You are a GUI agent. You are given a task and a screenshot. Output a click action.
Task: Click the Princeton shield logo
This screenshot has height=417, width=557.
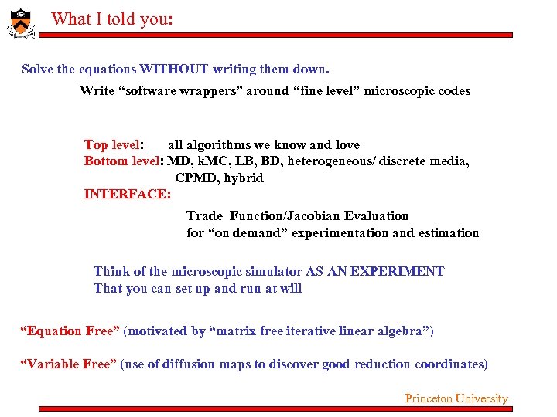pyautogui.click(x=21, y=22)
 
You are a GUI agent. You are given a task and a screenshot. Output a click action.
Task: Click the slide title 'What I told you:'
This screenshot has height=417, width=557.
pyautogui.click(x=112, y=19)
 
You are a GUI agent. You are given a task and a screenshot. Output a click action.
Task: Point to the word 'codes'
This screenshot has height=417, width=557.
pyautogui.click(x=453, y=90)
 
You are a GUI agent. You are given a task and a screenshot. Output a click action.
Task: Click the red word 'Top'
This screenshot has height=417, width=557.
pyautogui.click(x=95, y=144)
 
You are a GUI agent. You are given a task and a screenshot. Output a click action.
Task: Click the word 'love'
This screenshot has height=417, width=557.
pyautogui.click(x=347, y=144)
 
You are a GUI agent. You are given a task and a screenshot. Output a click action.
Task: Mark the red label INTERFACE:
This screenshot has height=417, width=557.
pyautogui.click(x=127, y=194)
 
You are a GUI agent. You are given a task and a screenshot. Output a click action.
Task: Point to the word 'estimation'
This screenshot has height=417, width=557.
pyautogui.click(x=449, y=232)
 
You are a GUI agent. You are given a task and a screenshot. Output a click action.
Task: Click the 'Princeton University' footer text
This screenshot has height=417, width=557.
pyautogui.click(x=456, y=398)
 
